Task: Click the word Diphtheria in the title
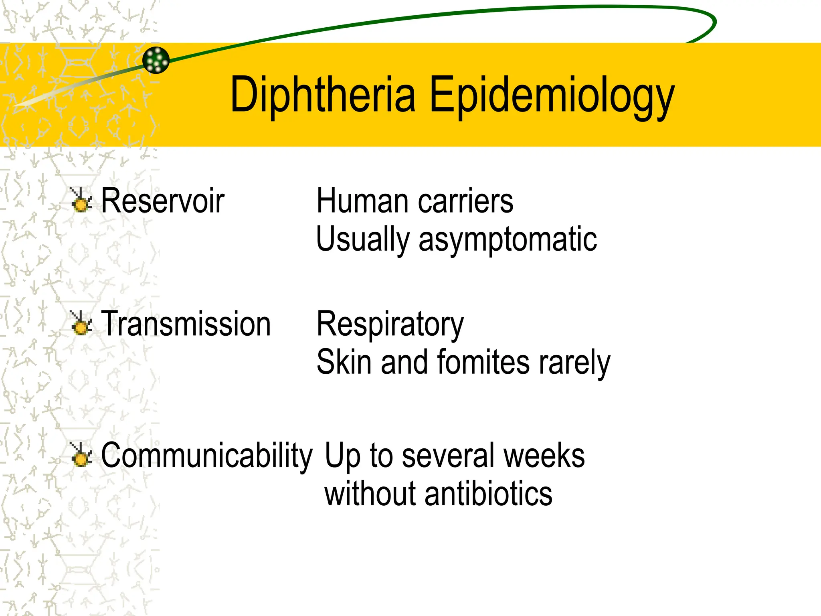323,95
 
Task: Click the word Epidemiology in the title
552,96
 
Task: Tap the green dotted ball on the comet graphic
156,60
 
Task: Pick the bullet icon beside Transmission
81,323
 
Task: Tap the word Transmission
186,324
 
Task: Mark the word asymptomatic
508,239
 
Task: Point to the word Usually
362,239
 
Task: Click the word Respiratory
390,324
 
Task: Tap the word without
370,494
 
